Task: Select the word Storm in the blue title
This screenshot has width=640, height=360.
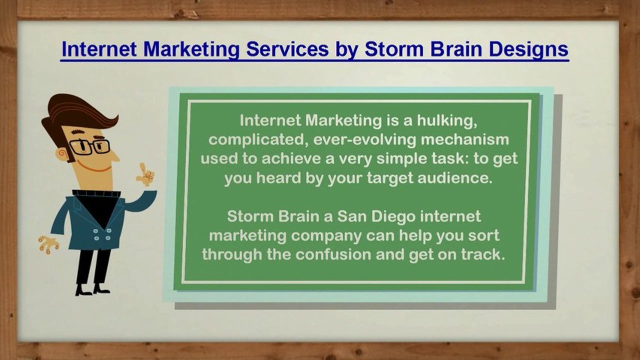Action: point(395,49)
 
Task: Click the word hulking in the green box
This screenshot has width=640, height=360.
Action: point(447,121)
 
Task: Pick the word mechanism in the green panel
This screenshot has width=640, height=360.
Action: point(465,139)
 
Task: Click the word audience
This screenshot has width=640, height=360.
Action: point(455,178)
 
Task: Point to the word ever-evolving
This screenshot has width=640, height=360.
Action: point(365,140)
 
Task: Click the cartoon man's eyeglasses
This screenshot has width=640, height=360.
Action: point(90,146)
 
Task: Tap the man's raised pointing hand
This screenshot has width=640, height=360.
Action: point(146,174)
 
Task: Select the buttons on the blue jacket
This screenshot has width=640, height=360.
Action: point(102,234)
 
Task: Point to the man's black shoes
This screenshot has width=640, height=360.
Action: point(92,290)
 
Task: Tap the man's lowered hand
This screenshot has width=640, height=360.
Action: point(48,244)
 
